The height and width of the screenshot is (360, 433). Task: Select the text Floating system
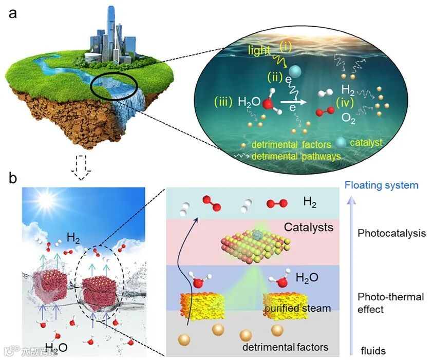382,185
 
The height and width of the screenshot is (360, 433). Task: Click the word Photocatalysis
391,233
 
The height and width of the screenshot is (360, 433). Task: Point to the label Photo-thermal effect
391,303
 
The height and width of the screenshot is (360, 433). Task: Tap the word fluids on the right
372,351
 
